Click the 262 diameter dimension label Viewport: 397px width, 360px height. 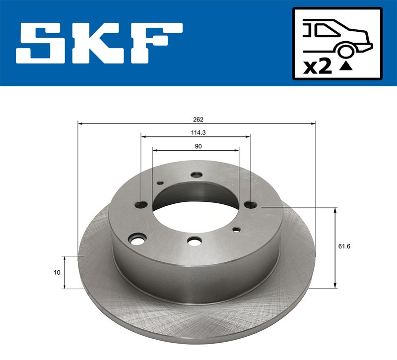tap(198, 120)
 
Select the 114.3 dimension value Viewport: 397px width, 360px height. tap(198, 132)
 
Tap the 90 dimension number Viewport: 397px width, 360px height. tap(198, 146)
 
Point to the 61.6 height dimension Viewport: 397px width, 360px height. tap(344, 246)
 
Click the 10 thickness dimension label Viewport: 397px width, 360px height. tap(57, 272)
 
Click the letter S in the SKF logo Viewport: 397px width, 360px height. tap(41, 43)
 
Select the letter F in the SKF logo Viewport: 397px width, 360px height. tap(156, 43)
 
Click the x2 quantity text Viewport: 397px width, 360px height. tap(318, 67)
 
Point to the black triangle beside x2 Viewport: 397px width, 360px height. tap(346, 66)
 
